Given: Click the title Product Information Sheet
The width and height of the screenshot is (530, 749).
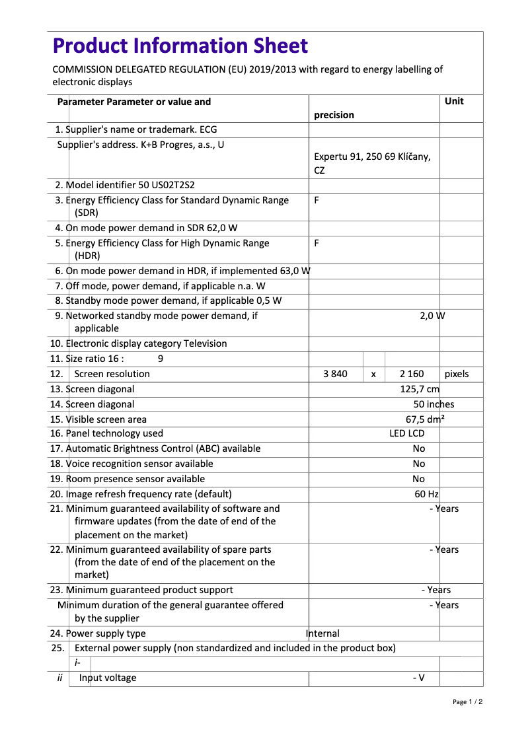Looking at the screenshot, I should click(x=180, y=46).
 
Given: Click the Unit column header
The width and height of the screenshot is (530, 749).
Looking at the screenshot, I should click(x=454, y=101).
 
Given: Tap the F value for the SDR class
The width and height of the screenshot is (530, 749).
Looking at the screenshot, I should click(x=317, y=200).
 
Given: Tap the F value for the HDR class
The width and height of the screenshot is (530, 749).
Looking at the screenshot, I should click(x=317, y=243).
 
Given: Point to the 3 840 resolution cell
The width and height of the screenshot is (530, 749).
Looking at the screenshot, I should click(x=335, y=374).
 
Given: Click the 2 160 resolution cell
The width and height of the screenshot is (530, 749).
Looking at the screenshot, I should click(x=412, y=374).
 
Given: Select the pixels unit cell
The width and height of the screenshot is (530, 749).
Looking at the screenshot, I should click(x=457, y=374).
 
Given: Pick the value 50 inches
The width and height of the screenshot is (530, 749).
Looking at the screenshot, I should click(x=434, y=404).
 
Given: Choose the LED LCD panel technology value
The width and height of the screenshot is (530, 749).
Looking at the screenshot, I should click(x=406, y=434).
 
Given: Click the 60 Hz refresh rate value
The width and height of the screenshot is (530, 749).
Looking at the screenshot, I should click(x=426, y=494).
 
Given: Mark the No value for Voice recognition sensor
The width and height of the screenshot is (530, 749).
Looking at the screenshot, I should click(x=419, y=464).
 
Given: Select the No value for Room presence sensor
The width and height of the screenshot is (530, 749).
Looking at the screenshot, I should click(x=419, y=479).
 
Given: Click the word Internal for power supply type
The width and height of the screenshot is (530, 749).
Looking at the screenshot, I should click(x=323, y=633).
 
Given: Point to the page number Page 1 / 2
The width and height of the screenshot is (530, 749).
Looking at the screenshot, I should click(x=467, y=702).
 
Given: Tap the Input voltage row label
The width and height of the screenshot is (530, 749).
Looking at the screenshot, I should click(x=108, y=678).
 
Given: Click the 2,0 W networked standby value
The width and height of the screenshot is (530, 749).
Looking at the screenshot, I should click(x=432, y=316).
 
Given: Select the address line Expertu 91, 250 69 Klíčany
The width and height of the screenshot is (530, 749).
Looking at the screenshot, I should click(x=372, y=157).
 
